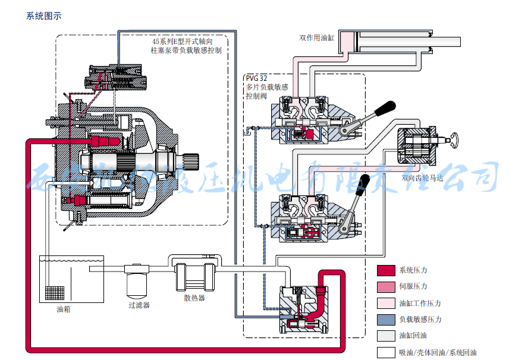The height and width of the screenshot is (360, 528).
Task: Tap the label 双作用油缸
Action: click(x=317, y=38)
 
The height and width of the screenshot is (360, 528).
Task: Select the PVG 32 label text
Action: click(x=256, y=78)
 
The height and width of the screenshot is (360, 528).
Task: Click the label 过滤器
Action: click(x=139, y=305)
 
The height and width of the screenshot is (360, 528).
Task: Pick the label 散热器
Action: click(x=194, y=298)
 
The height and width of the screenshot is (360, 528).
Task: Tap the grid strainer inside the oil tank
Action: click(x=55, y=293)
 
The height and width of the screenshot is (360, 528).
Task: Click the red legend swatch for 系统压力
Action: click(x=386, y=270)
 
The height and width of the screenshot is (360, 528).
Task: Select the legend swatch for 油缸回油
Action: click(x=386, y=336)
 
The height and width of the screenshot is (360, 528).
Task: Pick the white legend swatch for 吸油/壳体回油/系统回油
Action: click(x=386, y=352)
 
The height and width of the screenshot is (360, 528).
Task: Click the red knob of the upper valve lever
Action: click(x=387, y=107)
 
